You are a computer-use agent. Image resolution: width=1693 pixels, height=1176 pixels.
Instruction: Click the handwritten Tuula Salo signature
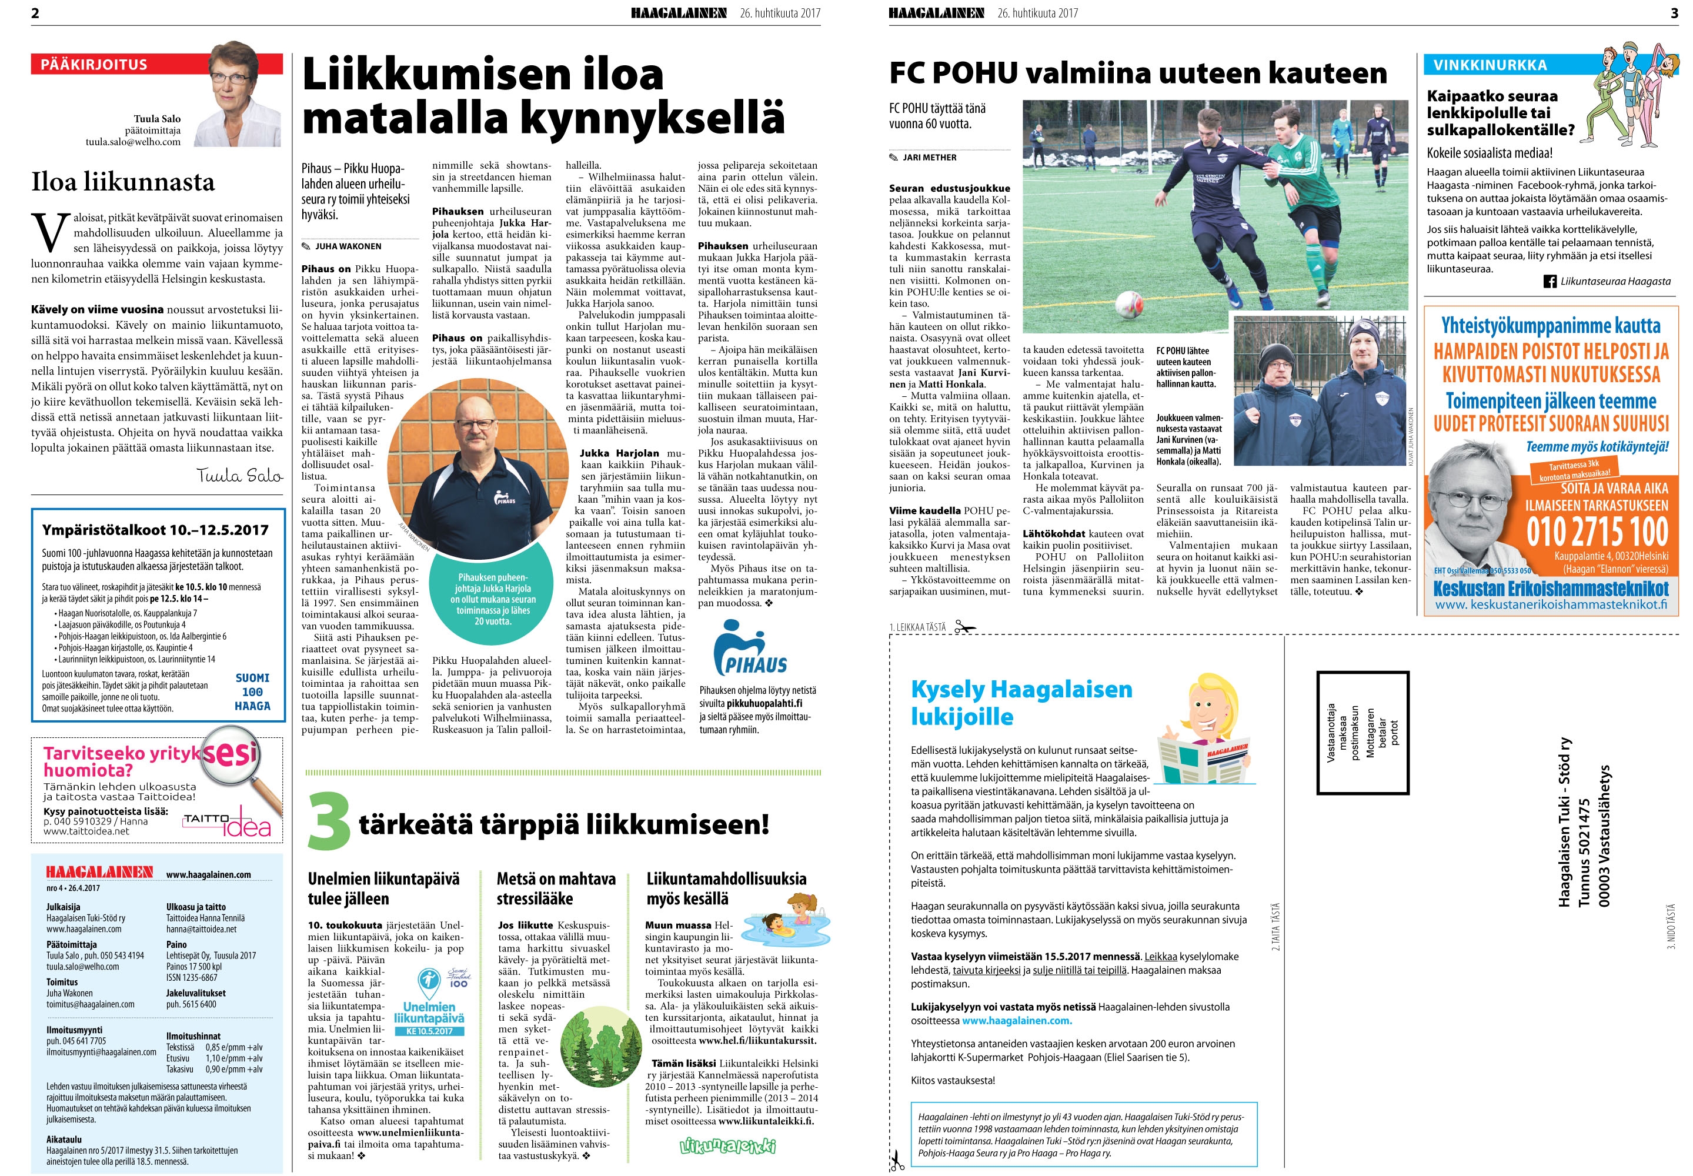[239, 475]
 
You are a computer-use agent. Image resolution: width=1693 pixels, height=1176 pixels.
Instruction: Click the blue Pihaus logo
[750, 649]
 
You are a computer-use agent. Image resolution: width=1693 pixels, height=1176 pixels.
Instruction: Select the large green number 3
[329, 821]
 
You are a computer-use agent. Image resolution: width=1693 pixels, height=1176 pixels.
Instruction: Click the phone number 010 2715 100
[1597, 532]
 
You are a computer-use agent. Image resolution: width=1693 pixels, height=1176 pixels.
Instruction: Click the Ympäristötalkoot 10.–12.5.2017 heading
[155, 530]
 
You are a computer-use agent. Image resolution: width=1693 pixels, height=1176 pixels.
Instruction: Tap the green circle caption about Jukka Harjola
[493, 599]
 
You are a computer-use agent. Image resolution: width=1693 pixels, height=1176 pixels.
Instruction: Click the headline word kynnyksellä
[663, 118]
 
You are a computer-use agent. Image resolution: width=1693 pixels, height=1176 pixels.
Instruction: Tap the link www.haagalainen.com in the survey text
[1016, 1021]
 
